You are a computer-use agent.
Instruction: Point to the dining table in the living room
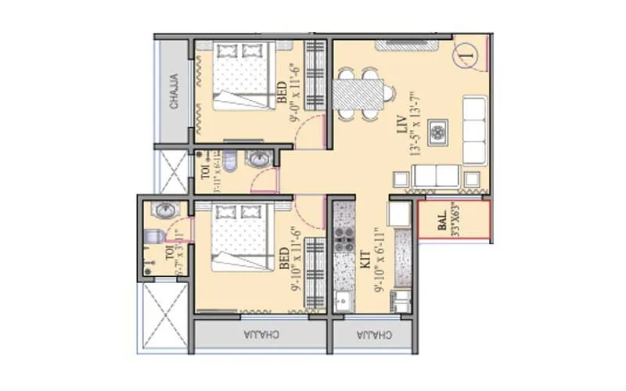(361, 95)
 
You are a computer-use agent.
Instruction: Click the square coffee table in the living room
(438, 131)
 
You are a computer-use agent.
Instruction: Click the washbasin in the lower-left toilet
(165, 211)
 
